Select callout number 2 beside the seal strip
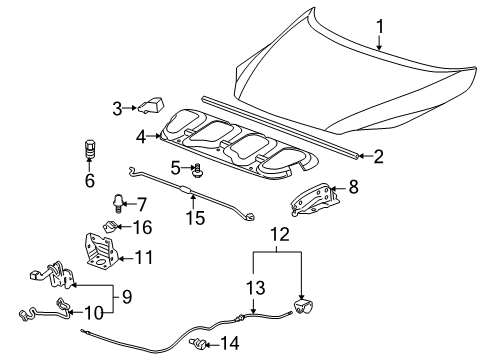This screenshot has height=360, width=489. [379, 156]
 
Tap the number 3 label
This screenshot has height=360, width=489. [117, 107]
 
